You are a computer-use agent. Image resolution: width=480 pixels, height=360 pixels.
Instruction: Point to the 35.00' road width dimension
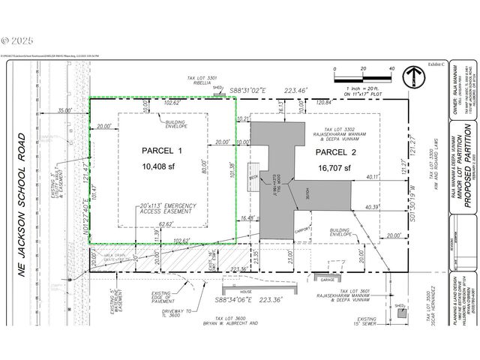click(64, 110)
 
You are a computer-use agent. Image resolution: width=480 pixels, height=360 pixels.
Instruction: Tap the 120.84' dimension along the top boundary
click(323, 100)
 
